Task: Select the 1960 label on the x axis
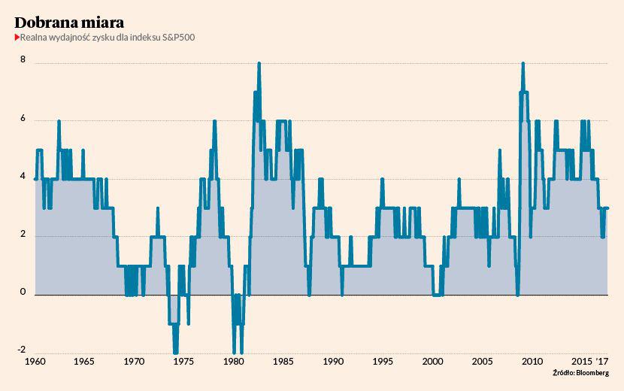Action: click(x=35, y=362)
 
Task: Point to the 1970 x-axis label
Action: click(x=135, y=362)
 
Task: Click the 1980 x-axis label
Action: click(x=234, y=362)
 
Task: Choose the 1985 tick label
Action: click(x=283, y=362)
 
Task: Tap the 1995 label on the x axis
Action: click(x=383, y=362)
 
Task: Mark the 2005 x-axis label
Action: click(x=482, y=362)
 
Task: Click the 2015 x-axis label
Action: click(x=581, y=362)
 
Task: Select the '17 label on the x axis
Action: click(x=602, y=362)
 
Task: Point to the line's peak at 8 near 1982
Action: click(x=259, y=64)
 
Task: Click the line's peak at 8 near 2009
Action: click(x=523, y=64)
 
